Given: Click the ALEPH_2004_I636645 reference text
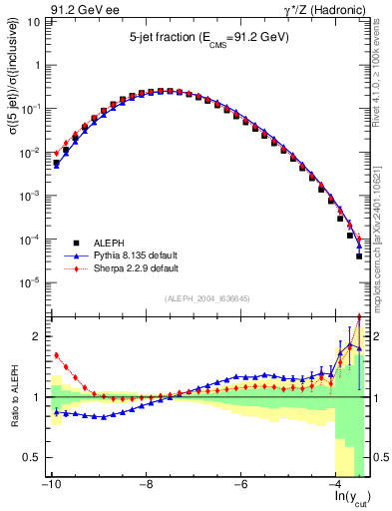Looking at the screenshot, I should coord(207,298).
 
